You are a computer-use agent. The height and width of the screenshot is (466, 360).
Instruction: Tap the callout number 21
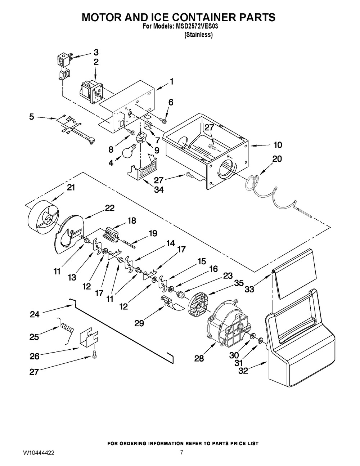71,187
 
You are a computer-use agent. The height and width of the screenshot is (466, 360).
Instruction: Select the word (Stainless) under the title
198,35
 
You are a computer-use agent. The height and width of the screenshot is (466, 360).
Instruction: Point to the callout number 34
159,189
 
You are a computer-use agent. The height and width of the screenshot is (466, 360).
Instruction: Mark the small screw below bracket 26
94,355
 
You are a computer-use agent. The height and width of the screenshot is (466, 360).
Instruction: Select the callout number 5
32,117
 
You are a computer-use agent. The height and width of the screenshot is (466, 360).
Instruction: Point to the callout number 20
277,159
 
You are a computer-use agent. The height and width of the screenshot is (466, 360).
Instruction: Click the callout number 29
139,323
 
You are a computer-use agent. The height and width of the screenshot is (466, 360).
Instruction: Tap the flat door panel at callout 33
294,274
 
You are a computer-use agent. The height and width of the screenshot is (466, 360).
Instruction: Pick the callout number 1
171,81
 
